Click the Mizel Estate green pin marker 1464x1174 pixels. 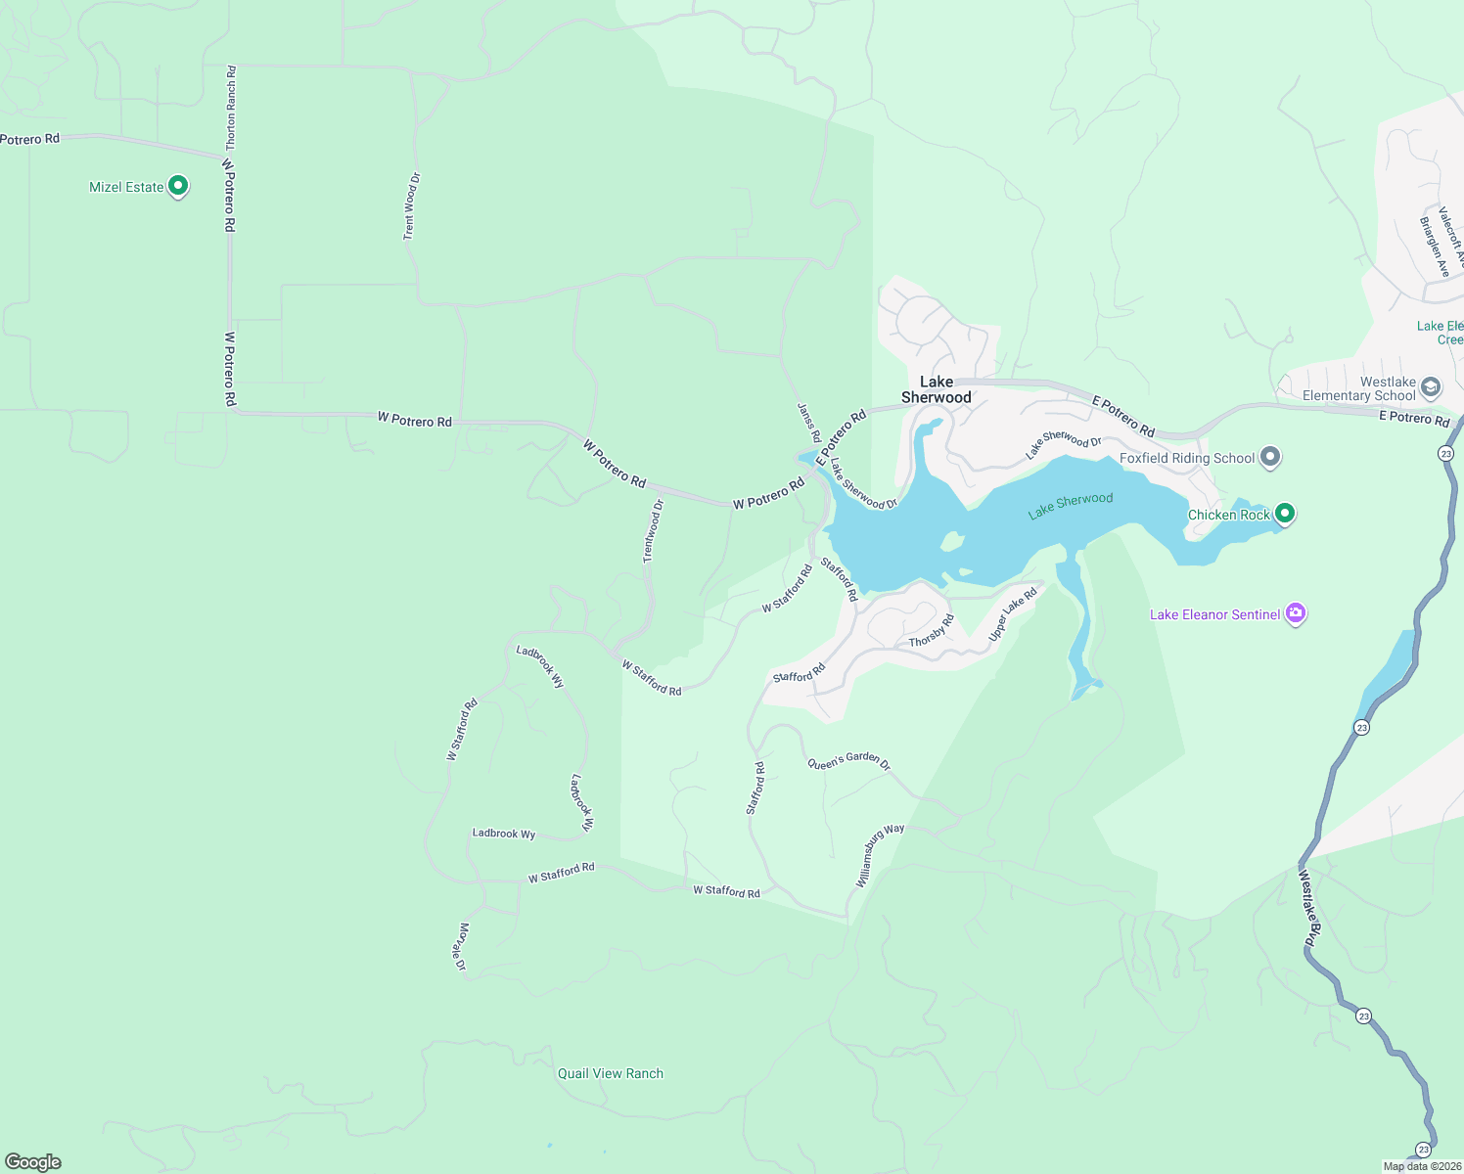click(178, 186)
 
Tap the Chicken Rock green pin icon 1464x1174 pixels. click(1285, 513)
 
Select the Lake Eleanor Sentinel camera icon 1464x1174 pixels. click(1296, 613)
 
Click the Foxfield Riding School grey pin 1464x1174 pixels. click(1270, 456)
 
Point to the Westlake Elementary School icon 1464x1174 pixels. click(1430, 387)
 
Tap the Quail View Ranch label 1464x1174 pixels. click(610, 1073)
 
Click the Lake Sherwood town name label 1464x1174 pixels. click(937, 389)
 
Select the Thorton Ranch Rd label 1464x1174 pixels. click(231, 108)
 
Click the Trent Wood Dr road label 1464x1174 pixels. click(411, 206)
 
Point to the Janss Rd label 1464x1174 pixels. click(808, 422)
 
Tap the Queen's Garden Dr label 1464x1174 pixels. click(848, 761)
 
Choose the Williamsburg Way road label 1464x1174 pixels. click(880, 855)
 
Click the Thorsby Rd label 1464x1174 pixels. click(931, 631)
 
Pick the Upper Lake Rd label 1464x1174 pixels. click(1012, 614)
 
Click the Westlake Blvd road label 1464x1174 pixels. click(1308, 907)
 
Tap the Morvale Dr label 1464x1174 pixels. click(461, 946)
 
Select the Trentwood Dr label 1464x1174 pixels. click(653, 531)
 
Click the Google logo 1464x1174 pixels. click(33, 1161)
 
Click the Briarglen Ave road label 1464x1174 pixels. click(1434, 247)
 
